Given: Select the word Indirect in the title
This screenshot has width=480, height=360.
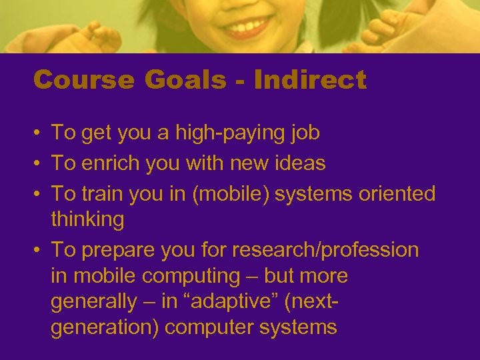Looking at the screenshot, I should [310, 80].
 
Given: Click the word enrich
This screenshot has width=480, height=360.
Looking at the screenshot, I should [113, 163].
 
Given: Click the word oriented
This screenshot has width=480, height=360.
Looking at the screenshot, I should [397, 194].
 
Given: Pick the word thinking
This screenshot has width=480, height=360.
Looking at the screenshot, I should [87, 220].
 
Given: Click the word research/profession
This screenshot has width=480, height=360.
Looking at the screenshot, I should [325, 250].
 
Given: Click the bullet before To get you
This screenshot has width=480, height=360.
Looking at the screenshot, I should [39, 133].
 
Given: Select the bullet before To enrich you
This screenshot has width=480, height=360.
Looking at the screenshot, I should [39, 163].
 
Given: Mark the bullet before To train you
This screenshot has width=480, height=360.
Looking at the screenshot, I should [39, 194].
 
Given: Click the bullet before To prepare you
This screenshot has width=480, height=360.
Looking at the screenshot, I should [39, 251].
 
